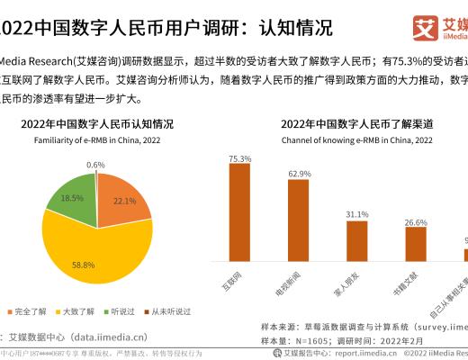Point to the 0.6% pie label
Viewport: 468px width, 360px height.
96,165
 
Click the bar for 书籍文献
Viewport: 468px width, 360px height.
416,243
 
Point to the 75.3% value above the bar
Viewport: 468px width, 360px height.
239,159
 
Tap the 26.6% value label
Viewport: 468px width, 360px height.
416,221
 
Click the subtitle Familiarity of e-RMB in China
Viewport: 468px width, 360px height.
98,140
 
